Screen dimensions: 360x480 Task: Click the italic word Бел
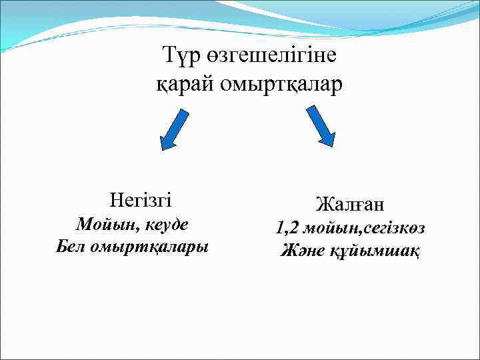click(71, 246)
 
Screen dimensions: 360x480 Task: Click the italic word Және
click(303, 251)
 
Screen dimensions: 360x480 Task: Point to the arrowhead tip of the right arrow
click(330, 145)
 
